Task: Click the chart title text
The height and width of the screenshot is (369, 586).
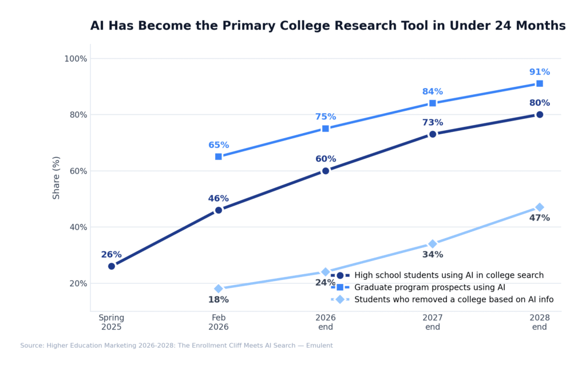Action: [327, 26]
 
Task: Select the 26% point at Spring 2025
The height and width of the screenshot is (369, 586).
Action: [112, 266]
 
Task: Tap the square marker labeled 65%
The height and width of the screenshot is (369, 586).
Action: [219, 157]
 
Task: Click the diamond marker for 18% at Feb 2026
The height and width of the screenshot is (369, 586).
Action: [219, 288]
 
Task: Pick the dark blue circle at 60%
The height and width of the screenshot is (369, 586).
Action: [326, 171]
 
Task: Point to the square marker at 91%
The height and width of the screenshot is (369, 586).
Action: [540, 83]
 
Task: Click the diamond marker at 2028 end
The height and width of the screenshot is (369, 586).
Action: [540, 207]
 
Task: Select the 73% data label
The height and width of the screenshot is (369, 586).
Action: [433, 123]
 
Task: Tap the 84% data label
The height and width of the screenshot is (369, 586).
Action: [433, 92]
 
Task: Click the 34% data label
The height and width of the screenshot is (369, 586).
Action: [433, 255]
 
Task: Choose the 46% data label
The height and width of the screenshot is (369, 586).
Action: [219, 199]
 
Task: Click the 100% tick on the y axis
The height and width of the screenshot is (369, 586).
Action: [76, 59]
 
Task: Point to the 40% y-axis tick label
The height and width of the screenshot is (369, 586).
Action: [77, 227]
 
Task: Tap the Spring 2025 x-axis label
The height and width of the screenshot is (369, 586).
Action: [112, 323]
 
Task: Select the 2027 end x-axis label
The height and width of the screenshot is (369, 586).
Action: [433, 323]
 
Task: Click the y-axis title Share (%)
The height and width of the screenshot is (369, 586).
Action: [57, 178]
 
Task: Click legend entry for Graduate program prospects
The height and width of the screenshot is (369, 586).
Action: [429, 287]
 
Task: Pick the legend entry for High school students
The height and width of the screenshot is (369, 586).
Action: [449, 275]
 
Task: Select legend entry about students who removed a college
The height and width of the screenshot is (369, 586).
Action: [453, 299]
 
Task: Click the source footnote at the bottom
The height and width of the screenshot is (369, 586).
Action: [176, 346]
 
